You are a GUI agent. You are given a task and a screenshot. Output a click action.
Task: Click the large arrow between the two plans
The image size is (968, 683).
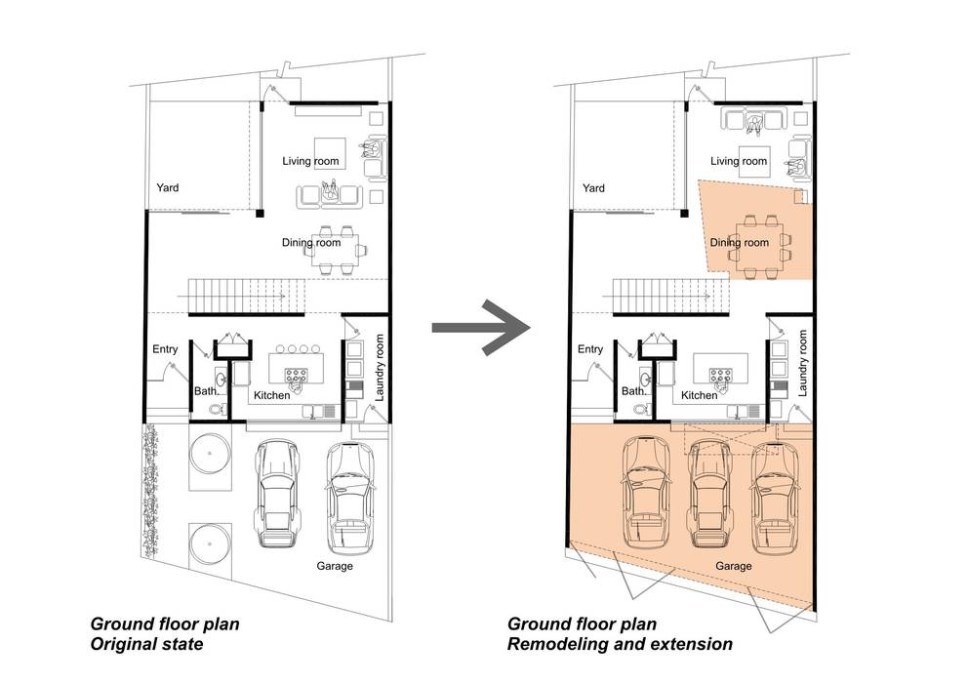[x=481, y=327]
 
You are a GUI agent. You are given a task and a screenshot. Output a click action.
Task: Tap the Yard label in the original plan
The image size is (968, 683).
[x=167, y=187]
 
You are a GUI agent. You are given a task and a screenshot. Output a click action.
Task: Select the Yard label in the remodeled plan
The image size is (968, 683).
[x=593, y=187]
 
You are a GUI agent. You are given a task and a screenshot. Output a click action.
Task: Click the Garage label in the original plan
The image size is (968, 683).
[x=335, y=566]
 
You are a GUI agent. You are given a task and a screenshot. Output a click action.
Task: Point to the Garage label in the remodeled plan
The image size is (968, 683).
[x=734, y=566]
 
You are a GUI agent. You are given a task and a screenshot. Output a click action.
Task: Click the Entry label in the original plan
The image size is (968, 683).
[x=165, y=349]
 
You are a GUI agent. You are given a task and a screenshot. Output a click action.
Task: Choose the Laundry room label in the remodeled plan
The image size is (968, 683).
[x=802, y=363]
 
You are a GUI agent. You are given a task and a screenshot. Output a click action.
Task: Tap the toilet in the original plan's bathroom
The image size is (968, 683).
[x=216, y=409]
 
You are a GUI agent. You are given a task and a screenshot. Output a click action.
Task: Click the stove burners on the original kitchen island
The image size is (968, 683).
[x=295, y=375]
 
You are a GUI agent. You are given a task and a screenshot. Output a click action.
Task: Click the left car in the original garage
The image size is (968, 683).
[x=277, y=494]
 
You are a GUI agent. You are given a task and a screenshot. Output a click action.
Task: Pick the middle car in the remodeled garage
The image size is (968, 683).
[x=709, y=494]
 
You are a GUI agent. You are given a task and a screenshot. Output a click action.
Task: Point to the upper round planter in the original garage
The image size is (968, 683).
[x=210, y=454]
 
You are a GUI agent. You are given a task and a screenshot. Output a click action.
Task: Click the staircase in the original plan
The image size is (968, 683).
[x=246, y=297]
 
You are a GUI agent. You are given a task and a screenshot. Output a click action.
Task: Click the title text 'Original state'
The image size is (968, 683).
[x=146, y=645]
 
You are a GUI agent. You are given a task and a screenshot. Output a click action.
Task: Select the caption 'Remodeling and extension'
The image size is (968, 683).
[x=620, y=645]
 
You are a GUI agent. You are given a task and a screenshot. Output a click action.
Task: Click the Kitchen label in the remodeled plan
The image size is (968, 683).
[x=699, y=395]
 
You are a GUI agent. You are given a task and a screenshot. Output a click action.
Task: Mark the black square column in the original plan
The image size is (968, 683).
[x=261, y=214]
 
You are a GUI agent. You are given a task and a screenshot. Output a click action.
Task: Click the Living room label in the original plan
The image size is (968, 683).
[x=310, y=161]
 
